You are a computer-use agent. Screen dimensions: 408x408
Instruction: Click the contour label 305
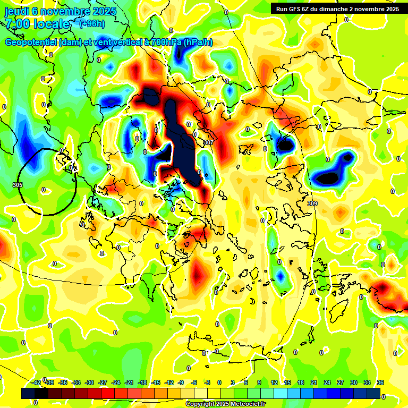17,185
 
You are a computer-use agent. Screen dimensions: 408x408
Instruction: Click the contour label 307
208,142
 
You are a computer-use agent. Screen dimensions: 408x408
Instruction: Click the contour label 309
312,204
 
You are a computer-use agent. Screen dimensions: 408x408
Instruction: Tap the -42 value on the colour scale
37,383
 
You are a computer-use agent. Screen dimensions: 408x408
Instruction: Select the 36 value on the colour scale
380,383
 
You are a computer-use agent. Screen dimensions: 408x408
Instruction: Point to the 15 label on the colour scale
287,383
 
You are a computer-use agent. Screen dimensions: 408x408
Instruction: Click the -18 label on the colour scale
142,383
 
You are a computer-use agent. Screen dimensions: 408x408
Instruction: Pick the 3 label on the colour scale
232,383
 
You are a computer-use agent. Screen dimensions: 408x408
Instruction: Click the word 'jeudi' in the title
16,11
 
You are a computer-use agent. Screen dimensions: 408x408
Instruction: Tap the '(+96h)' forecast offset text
91,23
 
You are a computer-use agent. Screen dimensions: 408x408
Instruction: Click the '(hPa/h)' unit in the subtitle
198,42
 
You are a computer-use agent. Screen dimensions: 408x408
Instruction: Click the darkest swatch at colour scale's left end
28,394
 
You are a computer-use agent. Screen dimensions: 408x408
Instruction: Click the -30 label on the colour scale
89,383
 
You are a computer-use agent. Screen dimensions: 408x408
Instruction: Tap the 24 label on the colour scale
327,383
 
